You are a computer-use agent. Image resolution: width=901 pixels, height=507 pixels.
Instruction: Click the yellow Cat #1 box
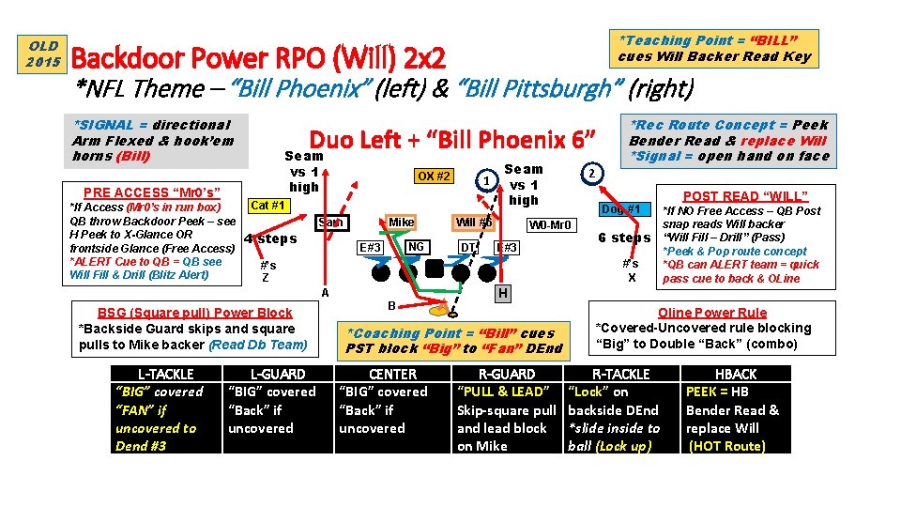[x=267, y=206]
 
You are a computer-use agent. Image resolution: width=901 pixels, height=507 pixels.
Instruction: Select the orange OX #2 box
[x=434, y=177]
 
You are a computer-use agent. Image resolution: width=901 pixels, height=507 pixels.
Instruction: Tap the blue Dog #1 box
[x=621, y=208]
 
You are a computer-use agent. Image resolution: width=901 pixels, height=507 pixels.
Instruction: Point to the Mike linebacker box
[x=401, y=223]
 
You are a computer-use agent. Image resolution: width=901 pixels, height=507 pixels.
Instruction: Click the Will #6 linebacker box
[x=473, y=223]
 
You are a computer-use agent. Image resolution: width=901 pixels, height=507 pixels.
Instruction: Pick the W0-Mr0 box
[x=549, y=225]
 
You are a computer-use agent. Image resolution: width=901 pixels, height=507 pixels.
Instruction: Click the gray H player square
[x=503, y=294]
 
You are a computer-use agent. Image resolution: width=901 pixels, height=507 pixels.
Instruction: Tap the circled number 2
[x=591, y=173]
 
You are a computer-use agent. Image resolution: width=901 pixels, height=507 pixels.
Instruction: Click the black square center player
[x=435, y=273]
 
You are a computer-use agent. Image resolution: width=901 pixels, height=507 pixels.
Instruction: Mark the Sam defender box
[x=331, y=223]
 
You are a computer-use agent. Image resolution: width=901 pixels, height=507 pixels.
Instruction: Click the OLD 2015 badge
[x=43, y=54]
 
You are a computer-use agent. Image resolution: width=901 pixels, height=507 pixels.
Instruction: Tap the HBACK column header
[x=736, y=374]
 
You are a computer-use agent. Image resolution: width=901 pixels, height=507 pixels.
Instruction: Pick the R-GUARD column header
[x=507, y=374]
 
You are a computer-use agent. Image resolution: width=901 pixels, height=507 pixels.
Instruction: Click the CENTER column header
[x=391, y=374]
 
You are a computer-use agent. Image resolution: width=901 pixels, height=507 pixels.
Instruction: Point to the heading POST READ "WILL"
[x=745, y=196]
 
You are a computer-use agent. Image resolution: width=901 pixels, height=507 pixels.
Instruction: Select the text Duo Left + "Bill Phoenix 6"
[x=452, y=140]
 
